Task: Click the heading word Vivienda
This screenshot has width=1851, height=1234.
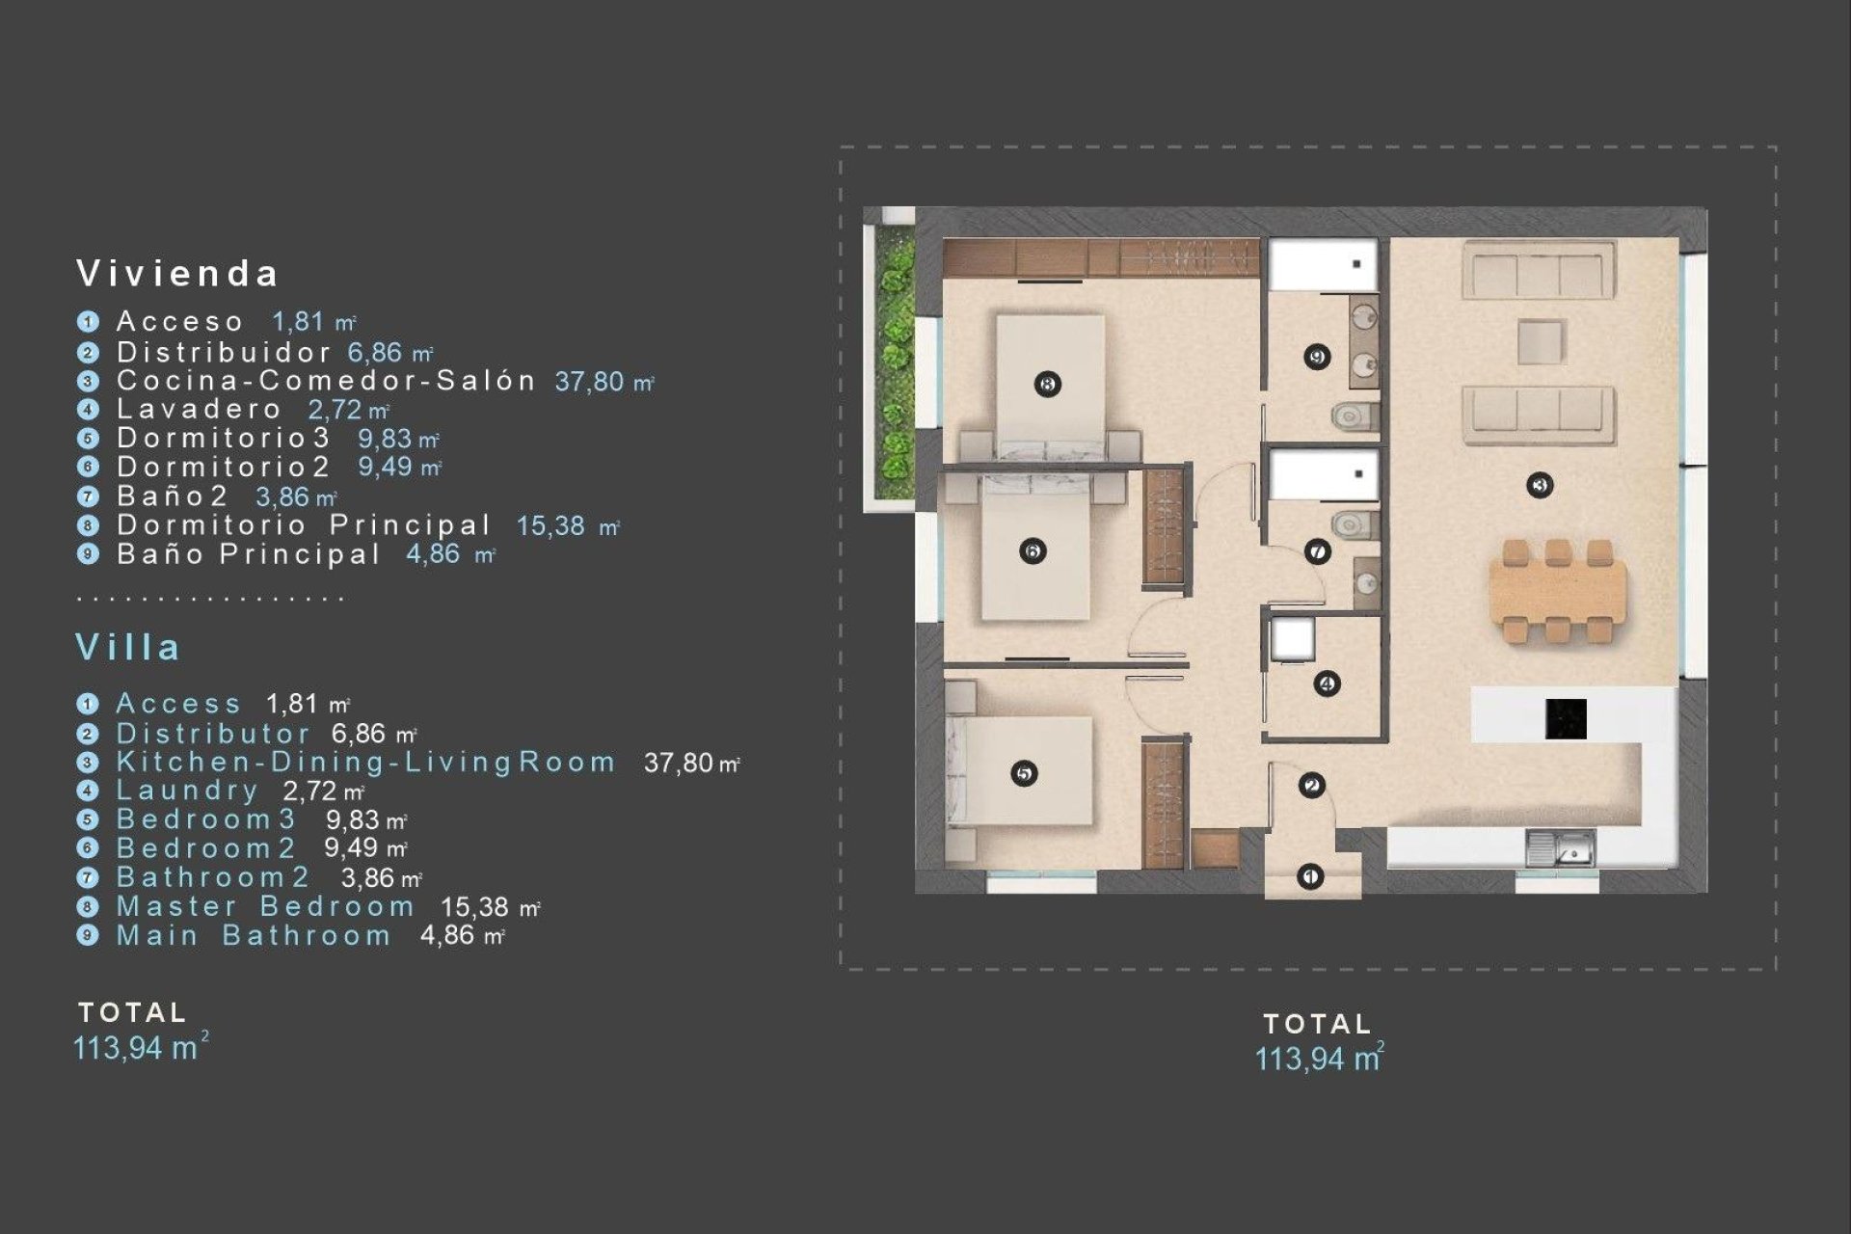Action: click(x=177, y=274)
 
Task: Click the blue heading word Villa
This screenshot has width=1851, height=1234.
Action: click(x=128, y=647)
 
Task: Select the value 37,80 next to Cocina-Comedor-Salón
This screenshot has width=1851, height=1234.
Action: click(x=589, y=382)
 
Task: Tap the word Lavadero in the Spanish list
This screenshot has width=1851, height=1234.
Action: click(x=200, y=409)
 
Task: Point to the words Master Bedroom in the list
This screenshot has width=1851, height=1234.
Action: click(x=265, y=907)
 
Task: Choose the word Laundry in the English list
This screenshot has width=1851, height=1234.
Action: click(x=187, y=791)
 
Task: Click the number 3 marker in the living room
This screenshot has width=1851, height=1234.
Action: click(x=1540, y=485)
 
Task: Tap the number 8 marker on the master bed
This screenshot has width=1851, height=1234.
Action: click(x=1048, y=384)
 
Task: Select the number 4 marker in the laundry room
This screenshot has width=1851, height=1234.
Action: click(x=1327, y=684)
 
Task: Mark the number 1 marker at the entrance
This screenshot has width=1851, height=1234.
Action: click(x=1309, y=876)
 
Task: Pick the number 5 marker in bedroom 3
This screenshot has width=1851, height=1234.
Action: click(x=1024, y=773)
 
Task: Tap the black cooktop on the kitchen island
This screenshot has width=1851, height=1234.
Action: click(x=1565, y=719)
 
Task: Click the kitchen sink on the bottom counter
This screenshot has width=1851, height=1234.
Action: click(x=1560, y=849)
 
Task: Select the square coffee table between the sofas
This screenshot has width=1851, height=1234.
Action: click(x=1540, y=342)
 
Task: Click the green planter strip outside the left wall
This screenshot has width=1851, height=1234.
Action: click(x=896, y=365)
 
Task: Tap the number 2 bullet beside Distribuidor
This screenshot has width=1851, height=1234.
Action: click(x=88, y=353)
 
